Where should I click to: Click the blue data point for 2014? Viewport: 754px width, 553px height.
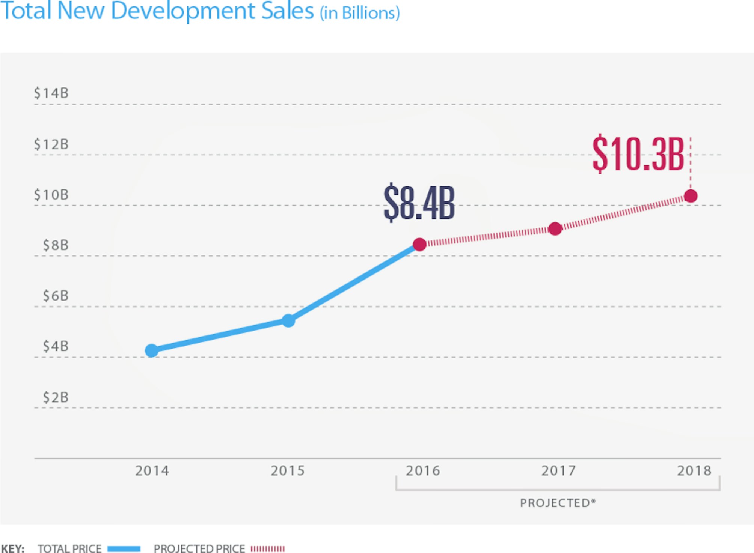(152, 350)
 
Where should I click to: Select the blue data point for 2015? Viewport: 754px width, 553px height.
(288, 320)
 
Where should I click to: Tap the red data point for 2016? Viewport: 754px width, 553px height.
(419, 244)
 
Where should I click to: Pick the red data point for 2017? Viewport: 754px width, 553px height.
(555, 228)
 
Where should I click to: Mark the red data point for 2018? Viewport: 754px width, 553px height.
(691, 196)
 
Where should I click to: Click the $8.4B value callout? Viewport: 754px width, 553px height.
(419, 203)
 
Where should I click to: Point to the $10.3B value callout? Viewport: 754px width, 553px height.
(638, 154)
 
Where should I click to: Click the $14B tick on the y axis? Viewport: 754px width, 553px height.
(51, 93)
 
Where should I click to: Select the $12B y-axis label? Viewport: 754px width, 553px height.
(51, 144)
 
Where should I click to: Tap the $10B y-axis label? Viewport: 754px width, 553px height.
(51, 195)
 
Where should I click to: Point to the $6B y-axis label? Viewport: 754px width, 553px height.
(56, 296)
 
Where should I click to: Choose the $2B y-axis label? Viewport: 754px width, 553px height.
(56, 397)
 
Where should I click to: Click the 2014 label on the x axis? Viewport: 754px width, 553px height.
(152, 470)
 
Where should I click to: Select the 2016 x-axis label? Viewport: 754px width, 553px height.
(423, 470)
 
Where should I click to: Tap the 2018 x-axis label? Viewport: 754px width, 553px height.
(694, 470)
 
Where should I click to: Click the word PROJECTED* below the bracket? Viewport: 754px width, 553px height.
(558, 503)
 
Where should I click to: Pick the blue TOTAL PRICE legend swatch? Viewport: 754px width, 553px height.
(124, 549)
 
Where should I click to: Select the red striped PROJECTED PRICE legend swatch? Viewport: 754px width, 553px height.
(268, 549)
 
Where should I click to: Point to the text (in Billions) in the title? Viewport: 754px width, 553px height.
(360, 13)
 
